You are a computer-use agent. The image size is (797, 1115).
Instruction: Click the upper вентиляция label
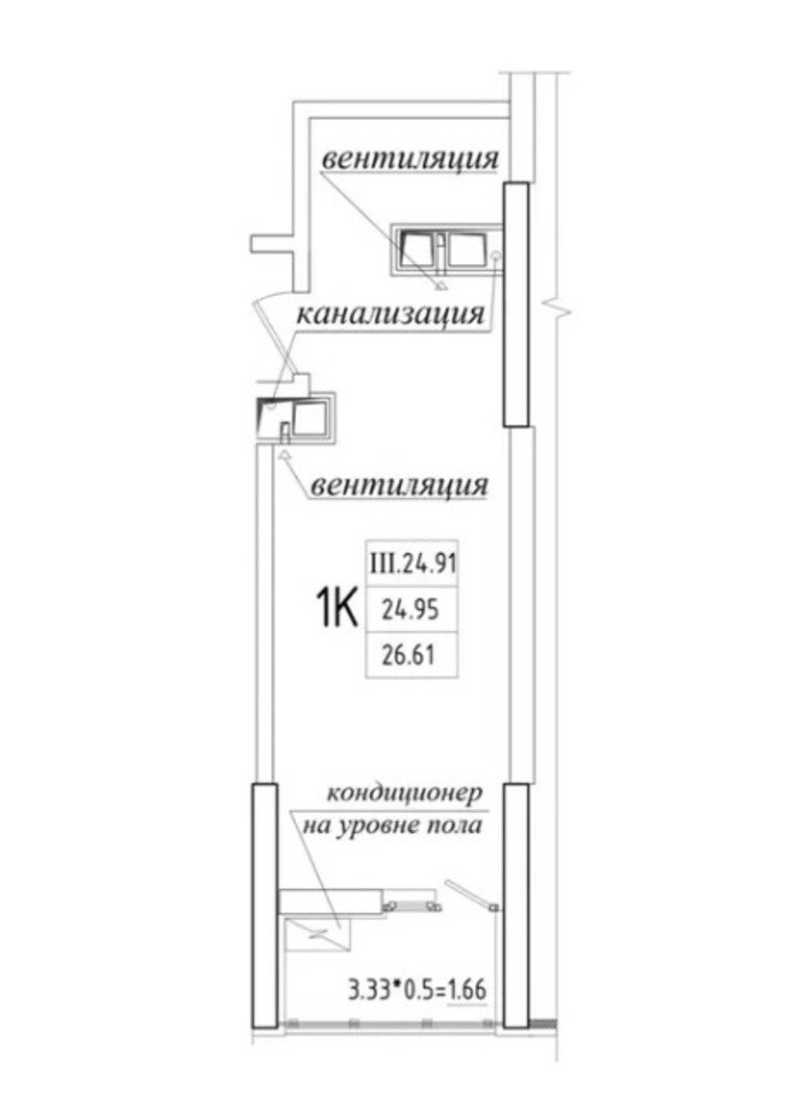(410, 158)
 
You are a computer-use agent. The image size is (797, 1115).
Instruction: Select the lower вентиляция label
(399, 485)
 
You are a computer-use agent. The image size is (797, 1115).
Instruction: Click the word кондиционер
(404, 793)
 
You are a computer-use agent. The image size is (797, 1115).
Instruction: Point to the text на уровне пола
(393, 826)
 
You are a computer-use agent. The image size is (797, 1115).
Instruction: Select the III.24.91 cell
(411, 564)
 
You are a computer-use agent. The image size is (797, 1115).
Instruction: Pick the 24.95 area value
(411, 610)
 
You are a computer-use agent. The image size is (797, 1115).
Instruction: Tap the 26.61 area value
(411, 655)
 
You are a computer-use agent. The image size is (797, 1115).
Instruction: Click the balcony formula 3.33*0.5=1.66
(417, 988)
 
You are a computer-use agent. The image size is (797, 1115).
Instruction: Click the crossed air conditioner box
(317, 933)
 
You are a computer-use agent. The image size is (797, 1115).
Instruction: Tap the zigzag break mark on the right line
(559, 309)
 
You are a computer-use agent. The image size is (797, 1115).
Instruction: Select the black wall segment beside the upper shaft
(516, 304)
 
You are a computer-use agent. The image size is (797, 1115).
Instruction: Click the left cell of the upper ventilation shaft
(415, 249)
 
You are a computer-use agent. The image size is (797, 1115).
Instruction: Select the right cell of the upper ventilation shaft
(466, 249)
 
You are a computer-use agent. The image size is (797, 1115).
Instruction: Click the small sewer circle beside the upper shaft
(496, 255)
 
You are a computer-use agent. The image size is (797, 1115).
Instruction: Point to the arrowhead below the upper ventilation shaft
(441, 287)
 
